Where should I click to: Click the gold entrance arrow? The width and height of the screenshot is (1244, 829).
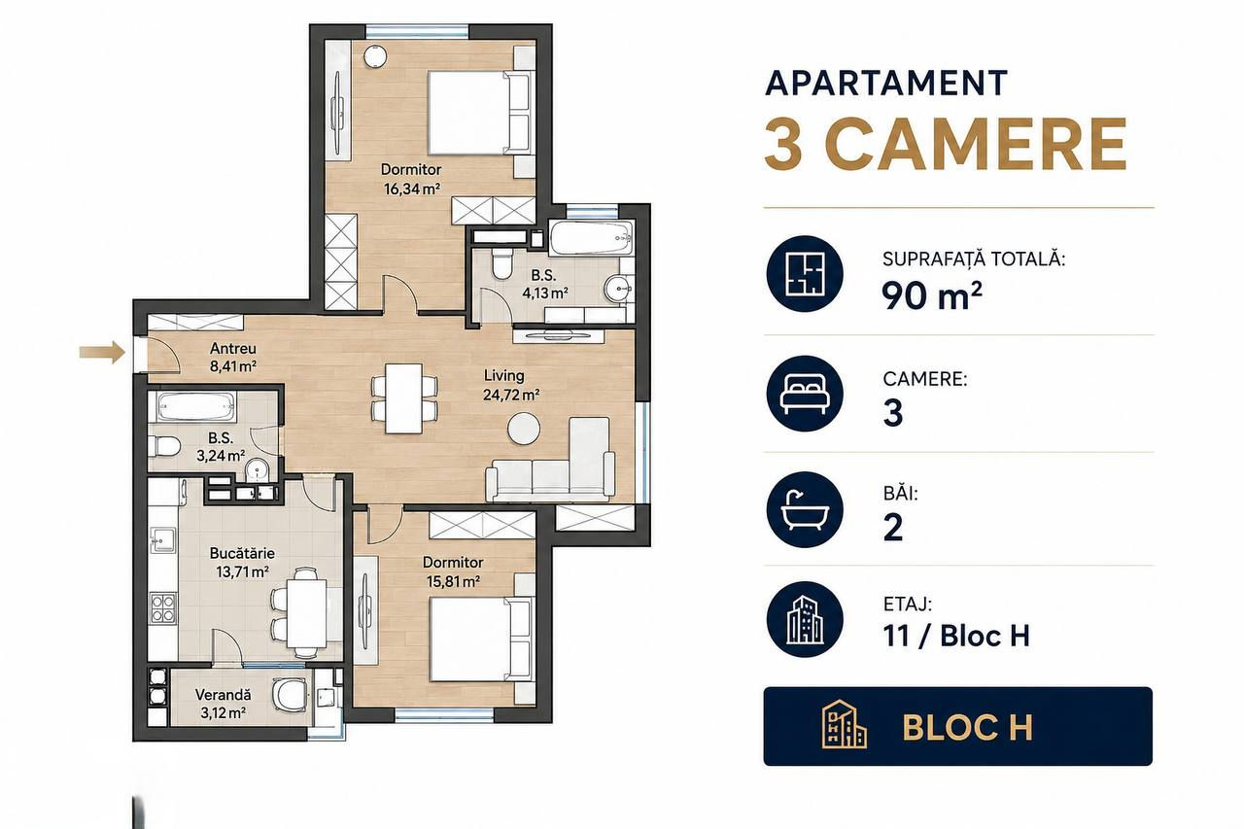click(102, 352)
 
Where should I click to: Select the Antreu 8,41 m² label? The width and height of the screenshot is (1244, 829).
click(232, 357)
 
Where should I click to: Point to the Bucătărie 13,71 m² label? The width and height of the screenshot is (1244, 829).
click(242, 563)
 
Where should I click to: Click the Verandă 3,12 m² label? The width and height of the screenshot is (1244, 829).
click(223, 704)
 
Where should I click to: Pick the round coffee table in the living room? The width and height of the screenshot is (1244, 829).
click(524, 428)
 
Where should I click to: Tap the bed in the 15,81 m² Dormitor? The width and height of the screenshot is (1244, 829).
click(480, 639)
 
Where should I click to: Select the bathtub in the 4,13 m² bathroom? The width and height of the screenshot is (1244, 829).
click(592, 239)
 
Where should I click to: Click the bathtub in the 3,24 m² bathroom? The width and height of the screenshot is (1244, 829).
click(196, 408)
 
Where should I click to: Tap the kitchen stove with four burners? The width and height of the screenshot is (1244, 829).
click(162, 607)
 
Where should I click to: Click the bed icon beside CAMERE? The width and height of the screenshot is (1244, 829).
click(805, 394)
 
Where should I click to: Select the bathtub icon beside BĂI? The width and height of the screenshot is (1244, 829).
click(805, 509)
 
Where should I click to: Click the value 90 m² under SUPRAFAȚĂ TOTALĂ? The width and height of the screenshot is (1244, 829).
click(932, 295)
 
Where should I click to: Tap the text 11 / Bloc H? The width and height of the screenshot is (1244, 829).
click(956, 636)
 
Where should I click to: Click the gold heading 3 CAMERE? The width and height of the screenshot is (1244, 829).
click(946, 144)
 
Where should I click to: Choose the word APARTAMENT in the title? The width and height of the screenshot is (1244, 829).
click(885, 84)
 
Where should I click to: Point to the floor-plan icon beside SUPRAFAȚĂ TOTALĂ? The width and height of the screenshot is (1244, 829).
click(805, 274)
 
